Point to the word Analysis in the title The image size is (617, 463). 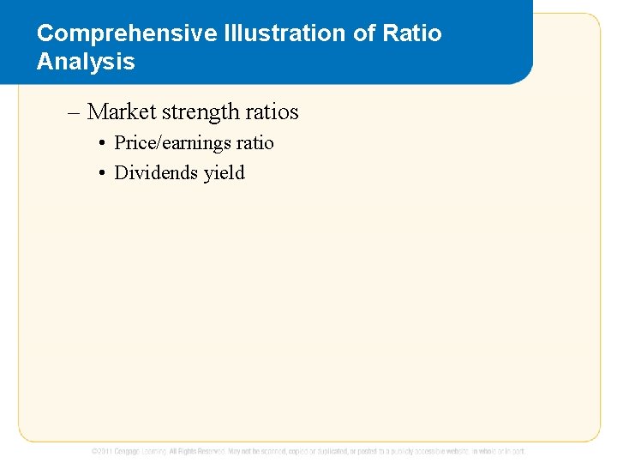86,62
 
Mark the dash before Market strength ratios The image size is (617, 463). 73,112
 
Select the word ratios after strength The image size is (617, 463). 272,112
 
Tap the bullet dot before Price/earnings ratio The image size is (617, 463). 101,144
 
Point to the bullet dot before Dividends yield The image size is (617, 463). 101,174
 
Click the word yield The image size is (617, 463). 225,173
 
